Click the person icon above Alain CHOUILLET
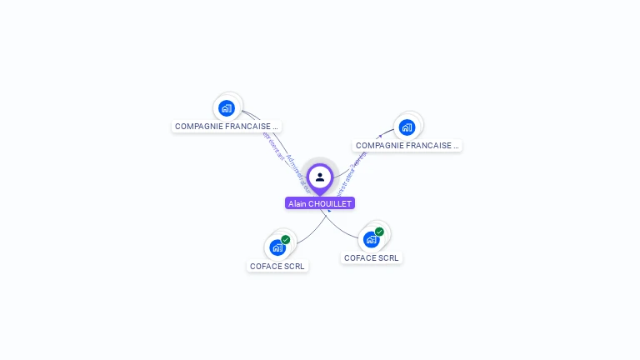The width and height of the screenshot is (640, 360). click(320, 177)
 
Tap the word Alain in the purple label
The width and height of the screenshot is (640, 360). click(297, 203)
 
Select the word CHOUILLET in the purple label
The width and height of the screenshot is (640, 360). click(330, 203)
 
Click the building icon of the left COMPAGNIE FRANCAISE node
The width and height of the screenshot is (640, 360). click(226, 107)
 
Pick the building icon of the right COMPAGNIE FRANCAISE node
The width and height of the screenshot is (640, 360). click(407, 127)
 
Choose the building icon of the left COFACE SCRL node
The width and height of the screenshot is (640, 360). click(277, 247)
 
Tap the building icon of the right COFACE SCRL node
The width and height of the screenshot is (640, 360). click(371, 239)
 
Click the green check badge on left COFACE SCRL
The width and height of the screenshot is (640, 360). click(286, 240)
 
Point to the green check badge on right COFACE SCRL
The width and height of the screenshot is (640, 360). click(380, 232)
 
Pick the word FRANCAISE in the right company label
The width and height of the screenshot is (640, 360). click(430, 146)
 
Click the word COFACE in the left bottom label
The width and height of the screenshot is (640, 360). click(266, 267)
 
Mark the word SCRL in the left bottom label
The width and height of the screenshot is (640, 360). click(294, 267)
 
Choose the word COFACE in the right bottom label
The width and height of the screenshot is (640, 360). click(360, 258)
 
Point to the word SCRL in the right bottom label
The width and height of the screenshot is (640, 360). click(388, 258)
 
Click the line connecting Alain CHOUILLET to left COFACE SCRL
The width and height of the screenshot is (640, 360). click(310, 234)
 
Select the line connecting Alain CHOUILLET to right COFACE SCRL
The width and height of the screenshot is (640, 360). click(340, 228)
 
